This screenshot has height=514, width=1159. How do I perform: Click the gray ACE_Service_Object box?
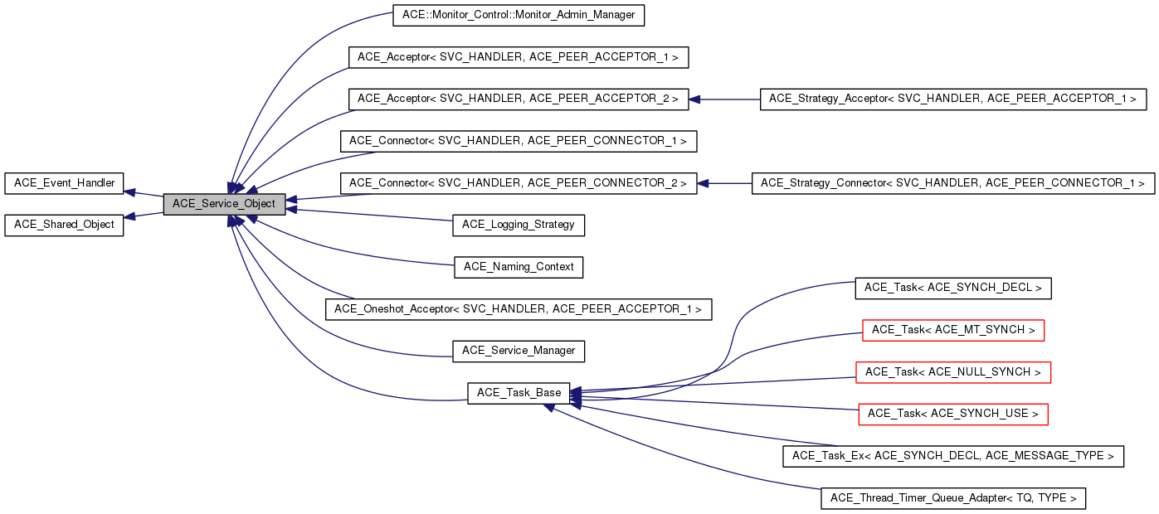click(x=224, y=204)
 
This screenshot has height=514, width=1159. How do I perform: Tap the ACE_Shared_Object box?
click(x=64, y=225)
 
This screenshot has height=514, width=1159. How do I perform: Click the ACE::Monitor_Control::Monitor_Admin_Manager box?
click(x=518, y=15)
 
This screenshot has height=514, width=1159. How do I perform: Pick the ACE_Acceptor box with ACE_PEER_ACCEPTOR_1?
click(x=518, y=57)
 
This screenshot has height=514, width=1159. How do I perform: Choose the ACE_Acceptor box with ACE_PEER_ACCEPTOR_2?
click(x=518, y=99)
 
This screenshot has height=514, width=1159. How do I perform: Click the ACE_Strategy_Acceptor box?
click(x=952, y=99)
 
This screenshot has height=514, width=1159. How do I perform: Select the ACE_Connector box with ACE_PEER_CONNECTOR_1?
click(x=518, y=141)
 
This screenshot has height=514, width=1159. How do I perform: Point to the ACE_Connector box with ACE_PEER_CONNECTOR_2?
click(x=518, y=183)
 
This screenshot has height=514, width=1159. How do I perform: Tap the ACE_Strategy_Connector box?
click(x=952, y=183)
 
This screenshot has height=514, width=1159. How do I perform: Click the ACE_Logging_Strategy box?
click(x=518, y=225)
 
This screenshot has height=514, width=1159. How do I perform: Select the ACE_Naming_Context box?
click(x=518, y=267)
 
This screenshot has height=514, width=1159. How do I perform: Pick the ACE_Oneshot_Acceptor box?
click(x=518, y=309)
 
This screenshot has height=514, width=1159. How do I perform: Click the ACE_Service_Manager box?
click(x=518, y=351)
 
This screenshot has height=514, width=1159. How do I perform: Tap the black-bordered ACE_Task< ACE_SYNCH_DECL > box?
click(x=952, y=288)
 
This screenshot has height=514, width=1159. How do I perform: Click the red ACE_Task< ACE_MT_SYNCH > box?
click(x=952, y=330)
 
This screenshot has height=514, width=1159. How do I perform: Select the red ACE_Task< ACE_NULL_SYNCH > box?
click(x=952, y=372)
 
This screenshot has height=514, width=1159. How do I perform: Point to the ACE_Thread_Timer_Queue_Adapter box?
click(x=952, y=498)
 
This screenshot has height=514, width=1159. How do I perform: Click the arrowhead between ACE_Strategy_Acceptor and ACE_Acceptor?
click(x=696, y=99)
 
